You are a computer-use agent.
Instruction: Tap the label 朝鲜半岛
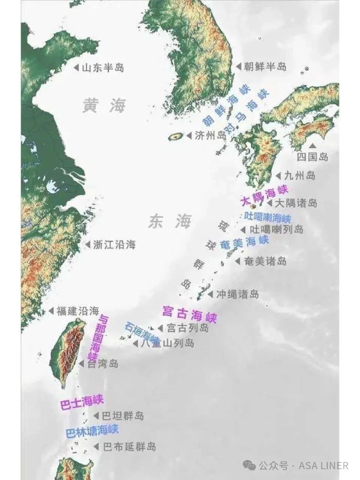pyautogui.click(x=265, y=67)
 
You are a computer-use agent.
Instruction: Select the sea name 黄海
pyautogui.click(x=104, y=106)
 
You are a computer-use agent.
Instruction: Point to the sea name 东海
pyautogui.click(x=170, y=222)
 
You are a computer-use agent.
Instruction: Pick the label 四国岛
pyautogui.click(x=312, y=157)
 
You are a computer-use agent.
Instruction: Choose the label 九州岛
pyautogui.click(x=300, y=175)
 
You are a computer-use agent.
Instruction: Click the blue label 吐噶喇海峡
pyautogui.click(x=267, y=217)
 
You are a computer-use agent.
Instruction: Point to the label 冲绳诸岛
pyautogui.click(x=237, y=294)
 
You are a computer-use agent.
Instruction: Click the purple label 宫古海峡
pyautogui.click(x=189, y=314)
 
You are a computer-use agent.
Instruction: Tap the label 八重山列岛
pyautogui.click(x=167, y=343)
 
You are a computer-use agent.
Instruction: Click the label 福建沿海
pyautogui.click(x=78, y=311)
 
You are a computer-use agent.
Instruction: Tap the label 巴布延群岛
pyautogui.click(x=129, y=447)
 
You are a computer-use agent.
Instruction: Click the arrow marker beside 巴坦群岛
pyautogui.click(x=96, y=416)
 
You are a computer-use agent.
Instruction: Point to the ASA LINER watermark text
pyautogui.click(x=323, y=466)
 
